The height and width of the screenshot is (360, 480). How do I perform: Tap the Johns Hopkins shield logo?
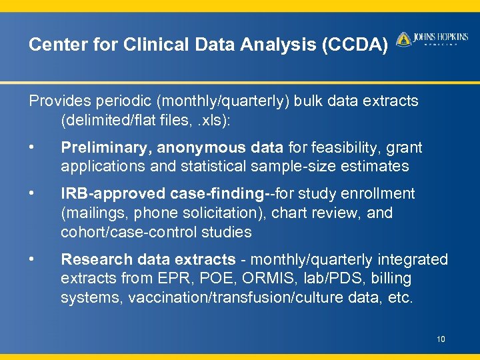tap(403, 39)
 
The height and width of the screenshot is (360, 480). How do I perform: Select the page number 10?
tap(441, 340)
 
